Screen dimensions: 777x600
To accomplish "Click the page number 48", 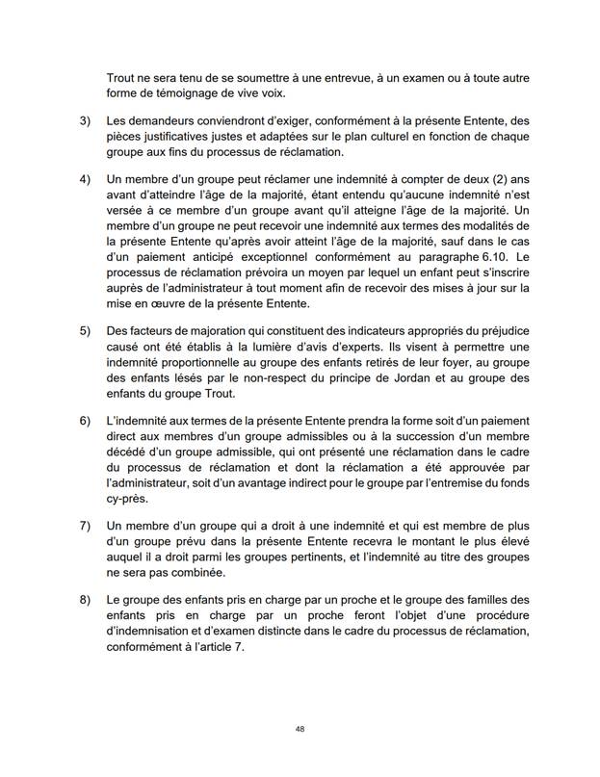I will (300, 729).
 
